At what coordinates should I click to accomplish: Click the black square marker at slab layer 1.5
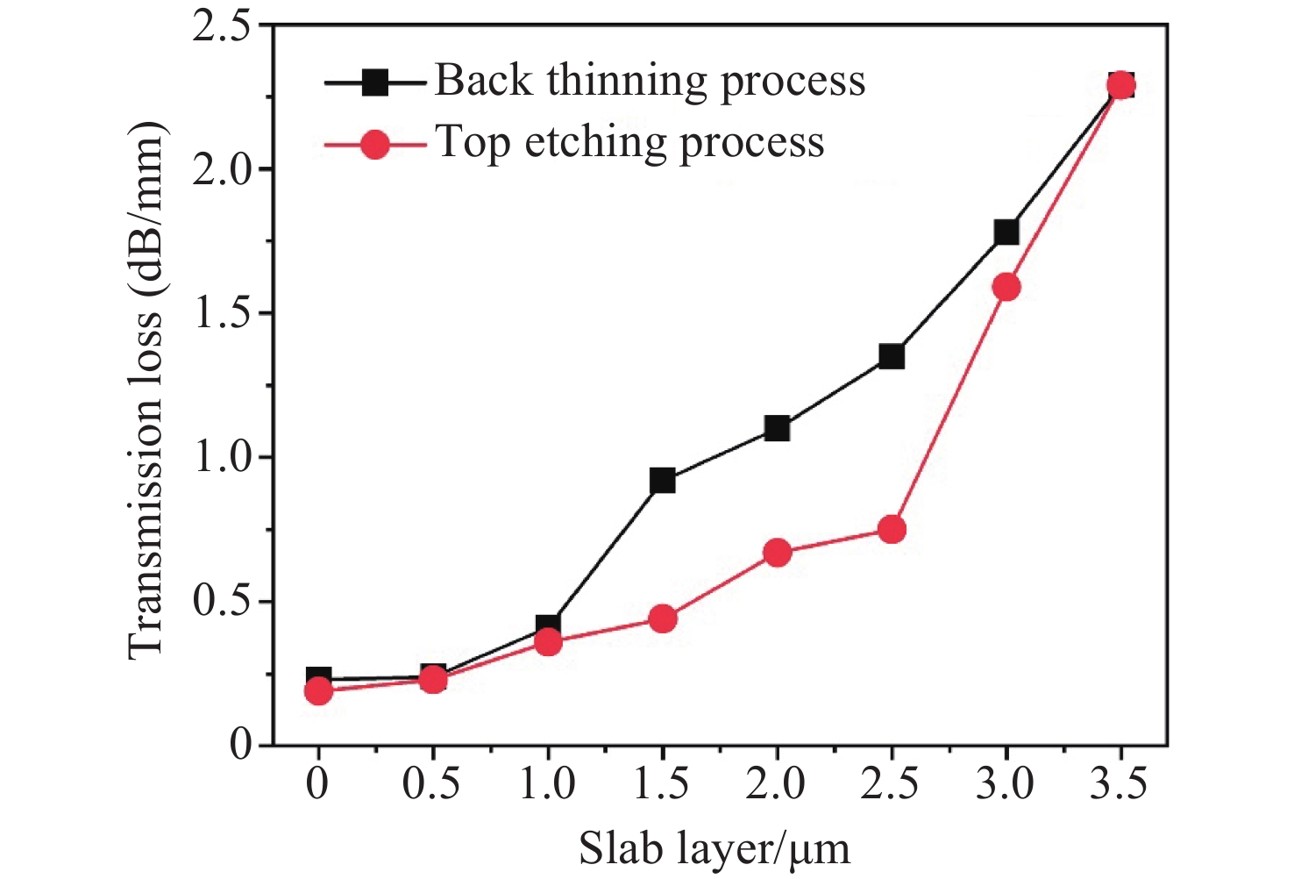click(663, 481)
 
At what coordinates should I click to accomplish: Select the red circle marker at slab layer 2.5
click(892, 529)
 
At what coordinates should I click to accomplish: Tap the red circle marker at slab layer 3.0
click(1006, 287)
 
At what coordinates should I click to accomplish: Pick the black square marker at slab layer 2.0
click(777, 429)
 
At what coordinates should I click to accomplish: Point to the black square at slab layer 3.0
click(1006, 232)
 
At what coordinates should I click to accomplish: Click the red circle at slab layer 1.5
click(663, 618)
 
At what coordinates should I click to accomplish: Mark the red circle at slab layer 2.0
click(777, 553)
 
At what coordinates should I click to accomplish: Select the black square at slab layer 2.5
click(892, 356)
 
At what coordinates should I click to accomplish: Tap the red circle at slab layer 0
click(318, 691)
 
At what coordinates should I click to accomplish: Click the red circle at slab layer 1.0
click(548, 642)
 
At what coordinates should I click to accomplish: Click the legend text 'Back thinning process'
click(650, 82)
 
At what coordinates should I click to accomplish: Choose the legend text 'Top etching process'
click(629, 143)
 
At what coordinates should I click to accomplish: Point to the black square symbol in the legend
click(375, 82)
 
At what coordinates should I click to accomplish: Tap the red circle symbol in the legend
click(375, 144)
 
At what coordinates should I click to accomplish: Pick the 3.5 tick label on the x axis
click(1119, 783)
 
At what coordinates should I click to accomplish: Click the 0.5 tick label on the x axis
click(431, 783)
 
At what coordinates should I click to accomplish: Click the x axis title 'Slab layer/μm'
click(715, 848)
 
